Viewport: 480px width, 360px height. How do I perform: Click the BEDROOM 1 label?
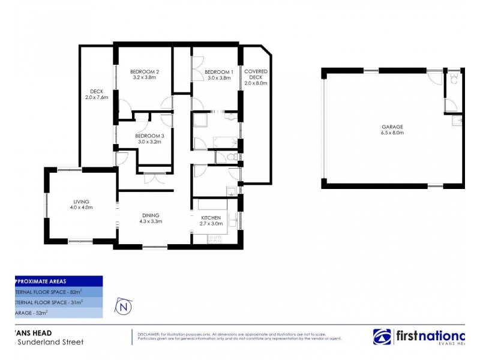coord(218,71)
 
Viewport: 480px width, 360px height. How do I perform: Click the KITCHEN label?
coord(211,217)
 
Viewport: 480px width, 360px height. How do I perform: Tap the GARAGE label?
coord(392,127)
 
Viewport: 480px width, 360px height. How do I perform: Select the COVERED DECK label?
coord(256,74)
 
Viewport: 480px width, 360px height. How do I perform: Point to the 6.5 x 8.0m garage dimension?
coord(392,133)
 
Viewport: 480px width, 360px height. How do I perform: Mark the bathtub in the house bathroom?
coord(225,142)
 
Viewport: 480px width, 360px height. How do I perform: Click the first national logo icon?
coord(382,337)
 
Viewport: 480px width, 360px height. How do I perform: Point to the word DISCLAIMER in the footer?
coord(148,334)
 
